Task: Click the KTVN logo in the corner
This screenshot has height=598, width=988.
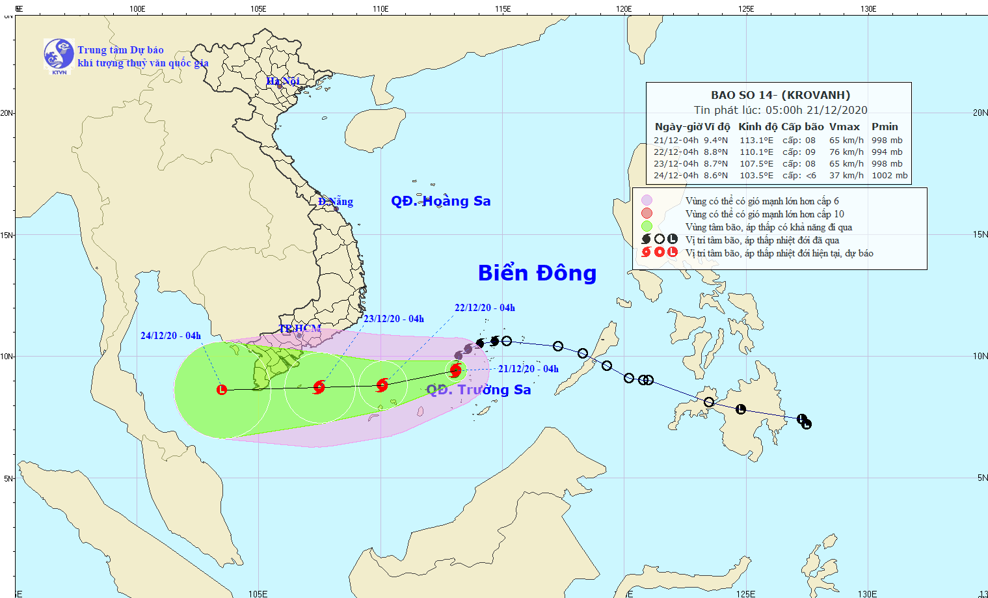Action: pos(59,54)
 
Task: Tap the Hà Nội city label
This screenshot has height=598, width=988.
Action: pos(283,81)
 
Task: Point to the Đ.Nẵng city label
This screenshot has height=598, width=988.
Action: pos(336,202)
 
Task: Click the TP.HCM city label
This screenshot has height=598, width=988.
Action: pos(300,329)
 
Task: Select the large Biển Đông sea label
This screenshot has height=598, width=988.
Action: pos(537,273)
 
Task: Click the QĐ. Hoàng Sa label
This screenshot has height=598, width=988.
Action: pos(440,201)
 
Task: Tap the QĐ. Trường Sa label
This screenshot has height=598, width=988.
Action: pos(479,390)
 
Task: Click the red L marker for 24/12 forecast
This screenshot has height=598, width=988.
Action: pos(222,390)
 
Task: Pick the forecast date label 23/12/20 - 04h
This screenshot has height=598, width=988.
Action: pos(394,319)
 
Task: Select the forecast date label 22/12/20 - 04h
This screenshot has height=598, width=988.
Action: pos(485,308)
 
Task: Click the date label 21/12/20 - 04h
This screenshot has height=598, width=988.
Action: pos(528,369)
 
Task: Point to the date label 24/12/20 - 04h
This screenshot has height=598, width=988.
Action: pos(170,336)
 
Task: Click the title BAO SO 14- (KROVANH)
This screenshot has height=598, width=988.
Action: pos(781,95)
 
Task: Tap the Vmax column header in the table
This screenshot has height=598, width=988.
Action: pos(844,127)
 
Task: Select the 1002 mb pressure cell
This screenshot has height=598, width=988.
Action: pos(889,175)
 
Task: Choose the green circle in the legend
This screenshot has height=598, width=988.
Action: pos(647,226)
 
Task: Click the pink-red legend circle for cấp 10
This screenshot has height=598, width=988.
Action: pos(647,213)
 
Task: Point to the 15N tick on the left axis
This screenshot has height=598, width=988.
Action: pos(7,235)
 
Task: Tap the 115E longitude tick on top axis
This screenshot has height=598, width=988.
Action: pos(502,9)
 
